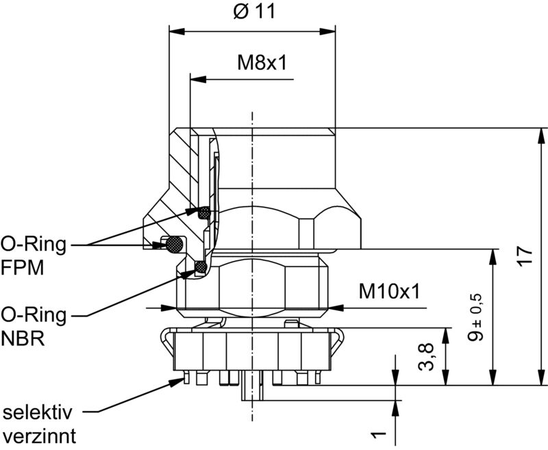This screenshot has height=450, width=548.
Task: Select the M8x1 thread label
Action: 261,62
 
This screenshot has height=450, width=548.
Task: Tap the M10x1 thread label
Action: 388,292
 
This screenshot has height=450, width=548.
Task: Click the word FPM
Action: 23,268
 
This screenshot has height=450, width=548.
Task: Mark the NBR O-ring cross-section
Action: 201,266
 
